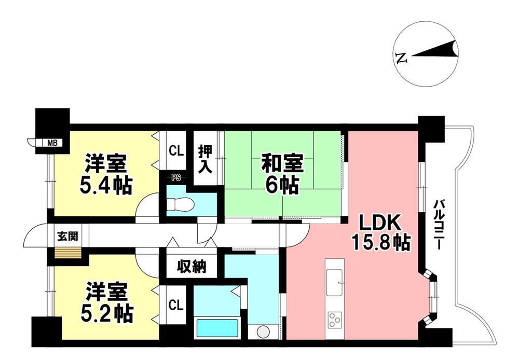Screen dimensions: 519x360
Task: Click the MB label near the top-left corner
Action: coord(52,143)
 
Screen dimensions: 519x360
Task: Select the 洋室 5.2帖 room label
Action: coord(106,302)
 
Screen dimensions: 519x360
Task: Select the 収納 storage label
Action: coord(192,266)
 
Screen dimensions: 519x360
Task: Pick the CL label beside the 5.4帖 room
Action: coord(176,151)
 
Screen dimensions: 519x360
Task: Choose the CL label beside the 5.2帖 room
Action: coord(176,305)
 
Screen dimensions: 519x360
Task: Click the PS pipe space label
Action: coord(176,178)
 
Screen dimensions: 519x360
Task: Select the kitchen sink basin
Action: coord(335,282)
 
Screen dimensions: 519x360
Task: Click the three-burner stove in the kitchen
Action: coord(334,320)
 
